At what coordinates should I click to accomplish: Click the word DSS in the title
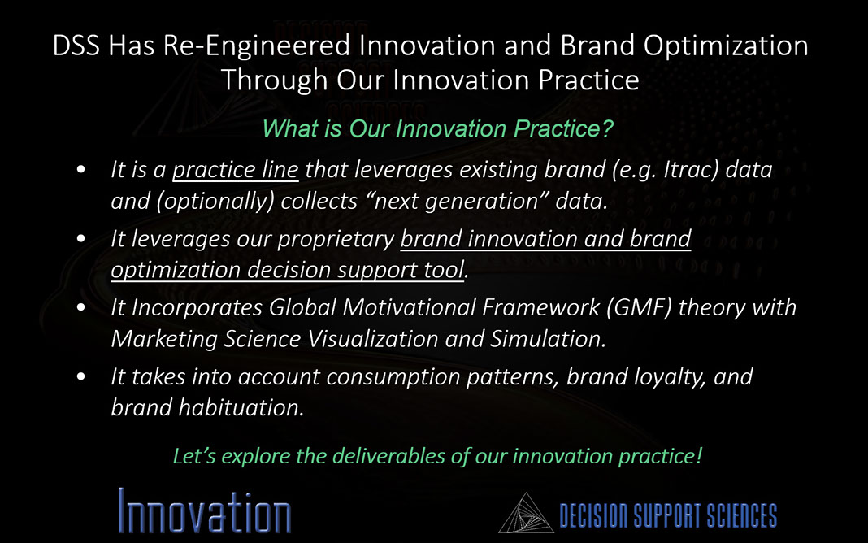[x=76, y=46]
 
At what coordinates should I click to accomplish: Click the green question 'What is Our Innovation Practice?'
[x=437, y=128]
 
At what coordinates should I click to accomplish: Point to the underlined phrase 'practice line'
[x=235, y=169]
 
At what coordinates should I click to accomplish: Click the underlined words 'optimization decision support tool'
[x=288, y=271]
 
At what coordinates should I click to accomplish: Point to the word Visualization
[x=372, y=339]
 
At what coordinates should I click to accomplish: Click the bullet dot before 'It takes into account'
[x=81, y=377]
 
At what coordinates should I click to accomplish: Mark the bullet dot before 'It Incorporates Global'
[x=81, y=308]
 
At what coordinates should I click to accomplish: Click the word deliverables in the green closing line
[x=390, y=456]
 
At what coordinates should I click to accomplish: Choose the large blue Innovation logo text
[x=205, y=511]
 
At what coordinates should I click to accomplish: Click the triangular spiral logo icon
[x=526, y=514]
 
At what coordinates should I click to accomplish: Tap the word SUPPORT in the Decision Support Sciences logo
[x=668, y=515]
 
